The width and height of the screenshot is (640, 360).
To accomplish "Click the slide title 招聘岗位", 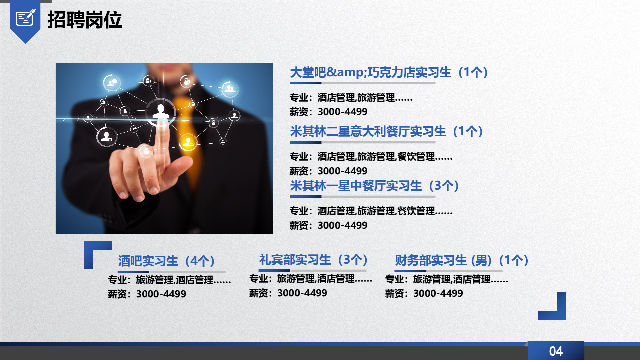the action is pyautogui.click(x=85, y=20).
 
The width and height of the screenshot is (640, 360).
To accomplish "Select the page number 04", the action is pyautogui.click(x=556, y=351).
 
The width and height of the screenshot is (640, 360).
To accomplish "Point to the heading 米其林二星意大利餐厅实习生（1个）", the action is pyautogui.click(x=387, y=131).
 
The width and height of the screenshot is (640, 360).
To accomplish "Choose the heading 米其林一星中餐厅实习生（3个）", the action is pyautogui.click(x=375, y=186).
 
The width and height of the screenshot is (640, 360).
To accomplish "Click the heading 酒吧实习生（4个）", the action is pyautogui.click(x=167, y=261).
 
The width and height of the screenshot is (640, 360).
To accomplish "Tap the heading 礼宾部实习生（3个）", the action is pyautogui.click(x=314, y=260).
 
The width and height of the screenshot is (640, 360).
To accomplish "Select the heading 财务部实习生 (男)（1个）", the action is pyautogui.click(x=462, y=260).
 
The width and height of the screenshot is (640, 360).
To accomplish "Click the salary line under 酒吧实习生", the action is pyautogui.click(x=147, y=294).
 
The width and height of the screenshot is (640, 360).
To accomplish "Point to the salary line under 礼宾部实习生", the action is pyautogui.click(x=288, y=293).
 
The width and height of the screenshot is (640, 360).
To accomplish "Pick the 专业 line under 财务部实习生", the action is pyautogui.click(x=446, y=279).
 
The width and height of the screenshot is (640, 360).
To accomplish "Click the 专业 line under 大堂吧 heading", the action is pyautogui.click(x=351, y=98).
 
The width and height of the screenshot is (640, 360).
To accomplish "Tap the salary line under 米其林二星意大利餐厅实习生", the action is pyautogui.click(x=328, y=171).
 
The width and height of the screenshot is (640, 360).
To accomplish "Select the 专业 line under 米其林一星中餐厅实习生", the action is pyautogui.click(x=371, y=211).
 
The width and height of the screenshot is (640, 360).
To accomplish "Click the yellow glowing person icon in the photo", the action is pyautogui.click(x=188, y=142).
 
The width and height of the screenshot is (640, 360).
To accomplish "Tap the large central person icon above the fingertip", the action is pyautogui.click(x=161, y=112).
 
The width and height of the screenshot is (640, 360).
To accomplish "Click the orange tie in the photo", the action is pyautogui.click(x=188, y=133).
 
